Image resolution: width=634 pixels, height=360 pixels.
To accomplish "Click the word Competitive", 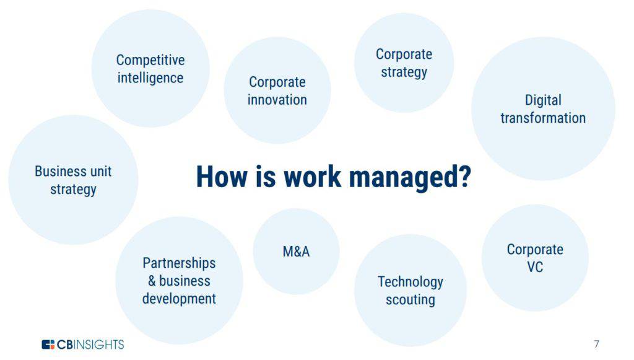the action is [x=150, y=60].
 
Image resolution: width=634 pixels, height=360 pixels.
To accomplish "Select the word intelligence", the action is [x=150, y=78].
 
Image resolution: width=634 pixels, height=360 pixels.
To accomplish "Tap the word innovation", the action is [x=277, y=100].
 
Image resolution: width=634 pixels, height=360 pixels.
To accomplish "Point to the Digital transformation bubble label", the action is [x=543, y=109].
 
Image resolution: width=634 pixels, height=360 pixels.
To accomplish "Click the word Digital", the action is [x=543, y=100].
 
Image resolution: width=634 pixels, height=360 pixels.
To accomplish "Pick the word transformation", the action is [x=543, y=118].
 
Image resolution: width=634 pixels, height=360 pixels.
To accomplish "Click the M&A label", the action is [x=297, y=252].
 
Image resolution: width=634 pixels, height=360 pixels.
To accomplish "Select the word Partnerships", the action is [x=179, y=263].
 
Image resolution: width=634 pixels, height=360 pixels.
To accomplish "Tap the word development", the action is [x=179, y=299].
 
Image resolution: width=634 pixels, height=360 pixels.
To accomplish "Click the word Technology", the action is [x=410, y=282].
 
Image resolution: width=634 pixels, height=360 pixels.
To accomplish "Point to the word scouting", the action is [x=410, y=300].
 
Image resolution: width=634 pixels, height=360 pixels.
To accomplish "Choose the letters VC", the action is [x=535, y=267].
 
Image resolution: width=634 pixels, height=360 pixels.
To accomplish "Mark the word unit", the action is [x=101, y=172].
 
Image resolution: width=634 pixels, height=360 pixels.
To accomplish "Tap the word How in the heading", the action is [x=222, y=177].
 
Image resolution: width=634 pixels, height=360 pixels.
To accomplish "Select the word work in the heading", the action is [x=313, y=177].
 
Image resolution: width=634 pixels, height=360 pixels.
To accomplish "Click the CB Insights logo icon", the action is [x=48, y=345].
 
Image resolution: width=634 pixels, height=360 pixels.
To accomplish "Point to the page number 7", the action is [x=596, y=345].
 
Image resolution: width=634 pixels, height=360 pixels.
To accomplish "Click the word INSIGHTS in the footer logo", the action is [x=99, y=345].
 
